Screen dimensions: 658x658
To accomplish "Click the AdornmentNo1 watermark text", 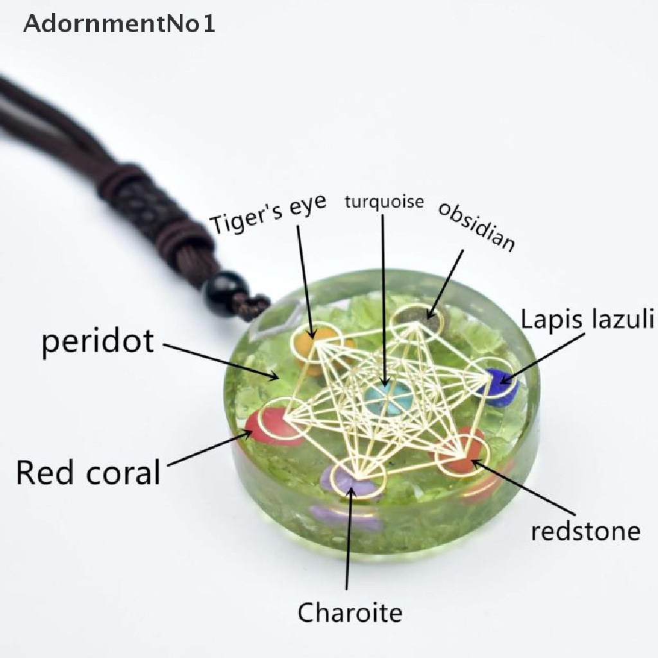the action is (120, 24).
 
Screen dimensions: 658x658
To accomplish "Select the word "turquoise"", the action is (384, 202).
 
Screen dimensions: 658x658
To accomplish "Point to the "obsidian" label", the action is (476, 226).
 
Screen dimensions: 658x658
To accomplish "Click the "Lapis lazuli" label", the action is (588, 319).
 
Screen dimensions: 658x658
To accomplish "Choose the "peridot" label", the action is (98, 342).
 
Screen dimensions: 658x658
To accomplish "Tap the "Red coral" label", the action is (87, 473).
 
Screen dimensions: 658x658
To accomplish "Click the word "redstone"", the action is (585, 531).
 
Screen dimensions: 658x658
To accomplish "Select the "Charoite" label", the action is (350, 612).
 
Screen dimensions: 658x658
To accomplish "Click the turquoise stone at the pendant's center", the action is (388, 399).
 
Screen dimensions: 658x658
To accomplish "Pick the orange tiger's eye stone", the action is (315, 347).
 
